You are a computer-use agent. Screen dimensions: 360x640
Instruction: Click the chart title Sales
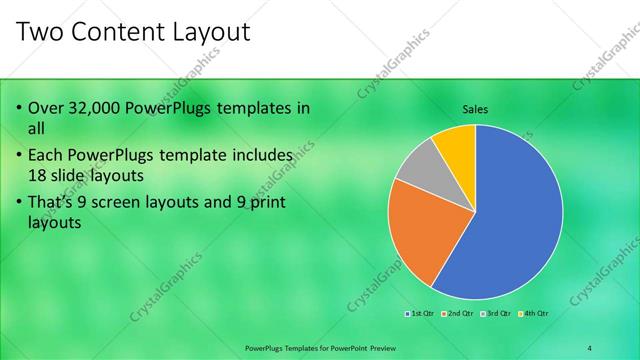point(474,110)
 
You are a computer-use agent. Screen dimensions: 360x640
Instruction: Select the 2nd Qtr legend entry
point(459,313)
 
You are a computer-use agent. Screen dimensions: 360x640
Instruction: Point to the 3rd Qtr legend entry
point(498,313)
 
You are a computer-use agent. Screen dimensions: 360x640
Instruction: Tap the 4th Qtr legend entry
point(535,313)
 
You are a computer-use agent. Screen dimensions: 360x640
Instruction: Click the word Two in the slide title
point(43,32)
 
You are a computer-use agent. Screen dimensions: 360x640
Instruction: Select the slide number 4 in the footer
point(589,347)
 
